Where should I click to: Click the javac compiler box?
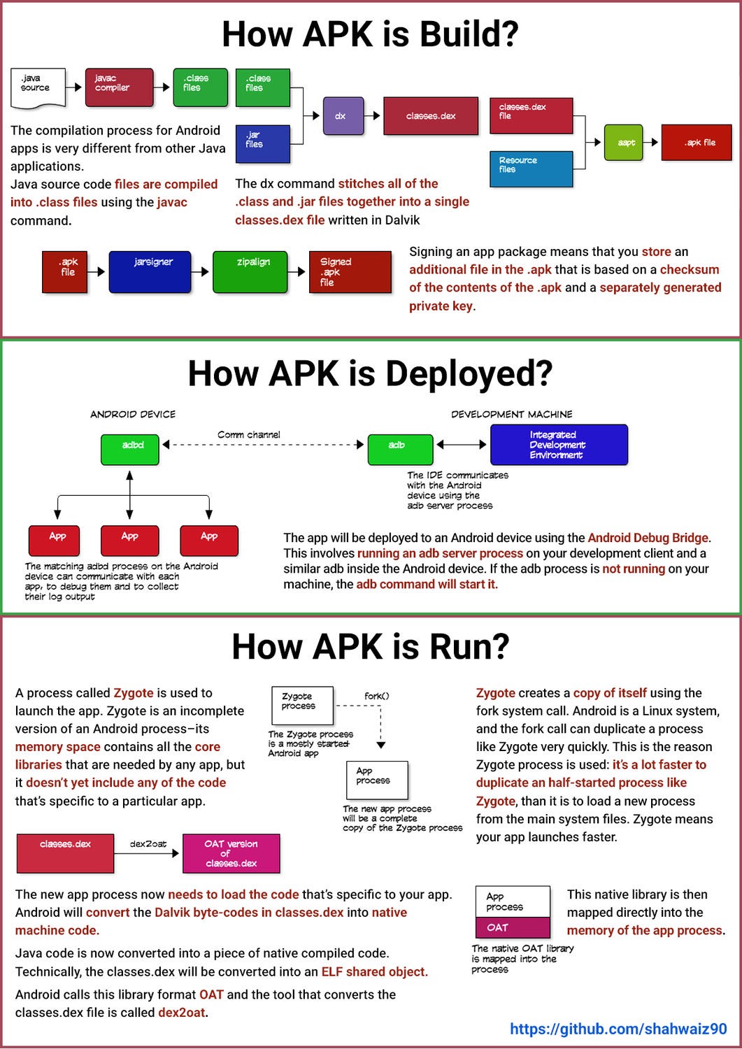(119, 87)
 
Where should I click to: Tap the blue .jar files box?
(262, 143)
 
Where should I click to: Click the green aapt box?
(623, 143)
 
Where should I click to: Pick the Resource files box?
(531, 169)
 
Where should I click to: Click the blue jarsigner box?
(150, 272)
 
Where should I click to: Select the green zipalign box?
(250, 272)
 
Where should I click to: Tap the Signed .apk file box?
(350, 272)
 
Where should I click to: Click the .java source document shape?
(38, 87)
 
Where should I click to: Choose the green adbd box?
(130, 449)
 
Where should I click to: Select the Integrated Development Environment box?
(559, 445)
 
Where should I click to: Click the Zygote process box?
(302, 705)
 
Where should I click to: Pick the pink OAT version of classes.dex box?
(231, 853)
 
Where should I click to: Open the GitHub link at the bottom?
(618, 1029)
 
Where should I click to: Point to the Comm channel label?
(248, 434)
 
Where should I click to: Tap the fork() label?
(376, 696)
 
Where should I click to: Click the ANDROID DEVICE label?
(133, 414)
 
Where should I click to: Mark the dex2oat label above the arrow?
(148, 844)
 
